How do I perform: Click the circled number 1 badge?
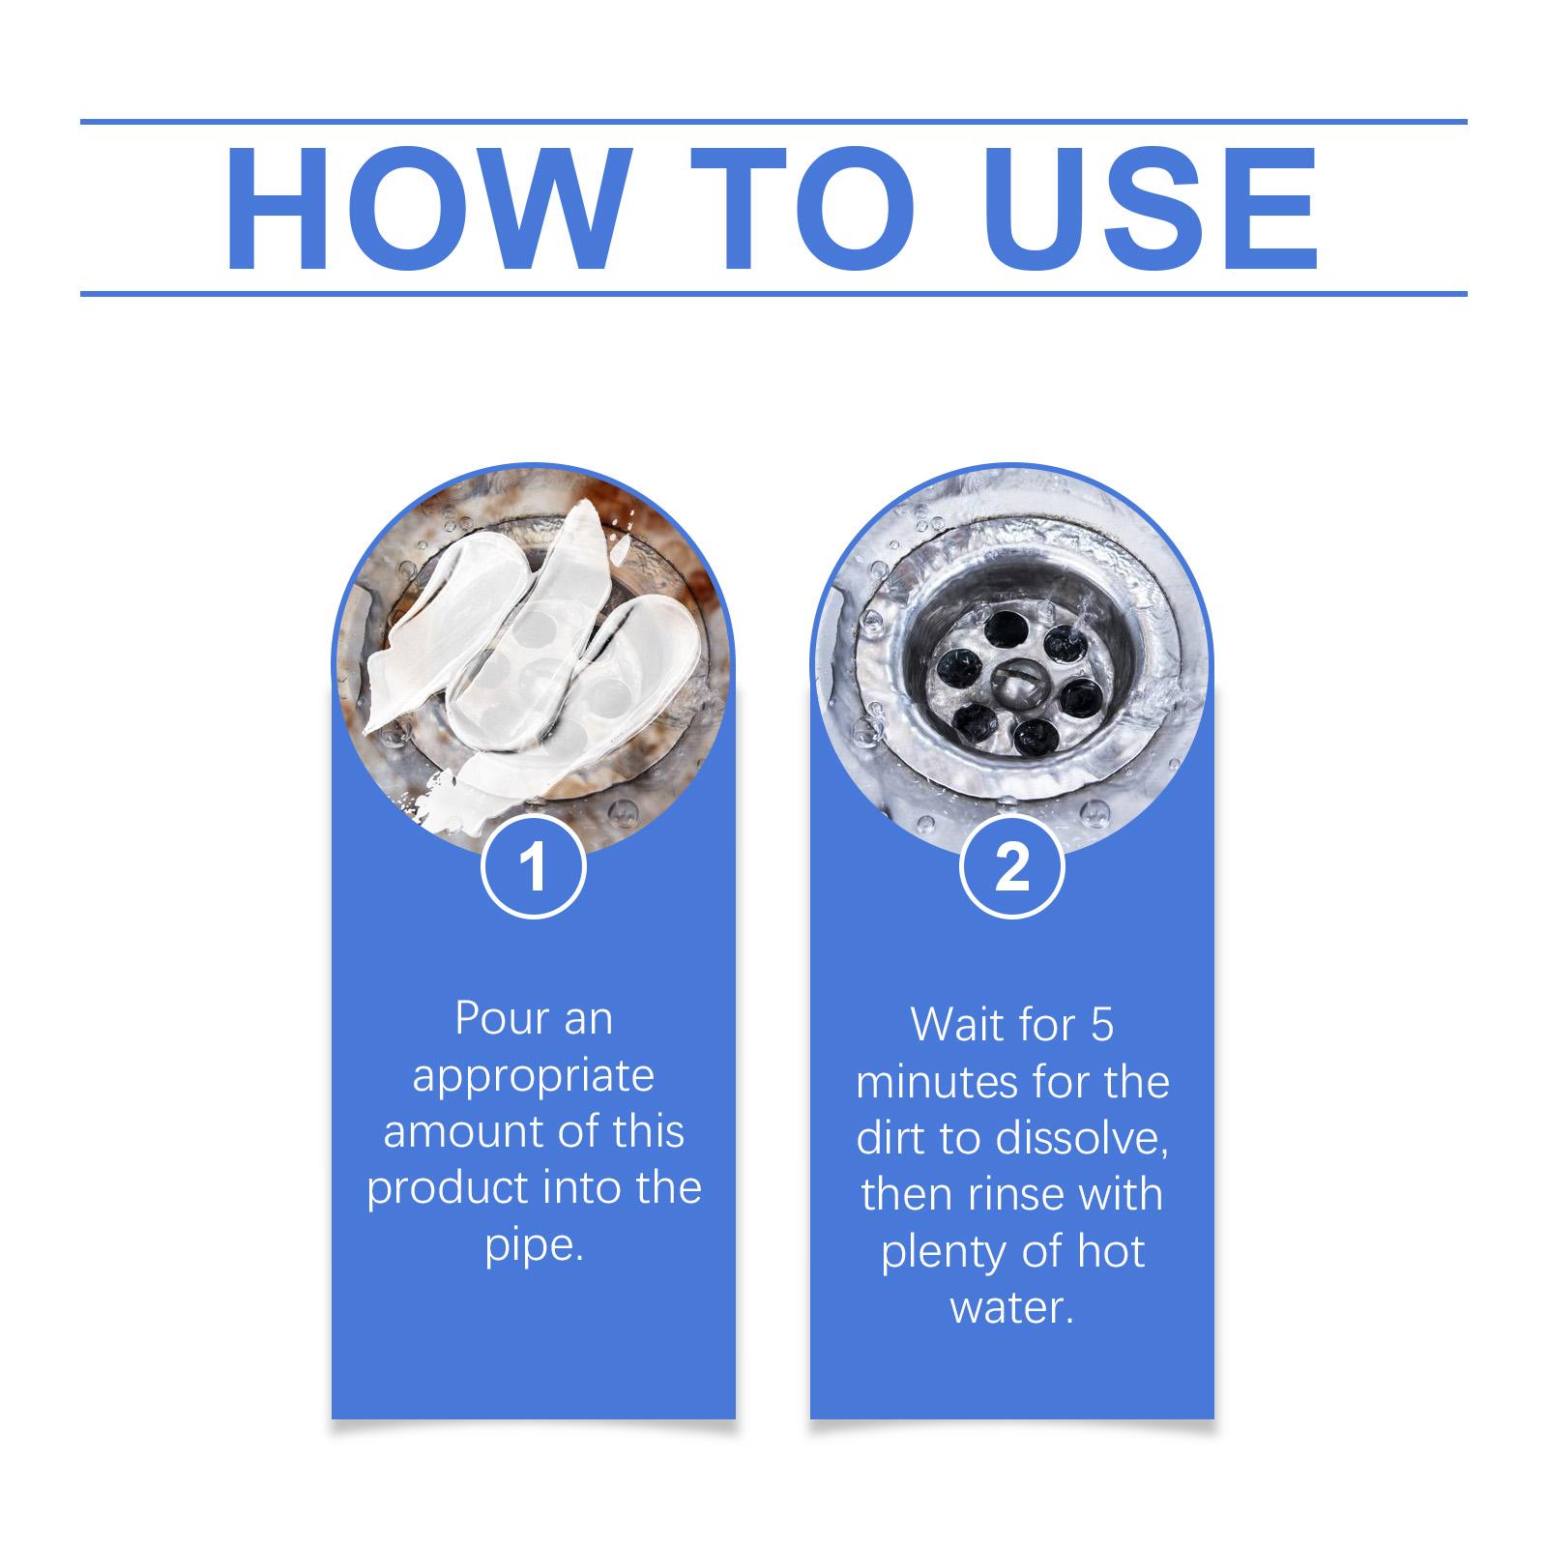(x=533, y=867)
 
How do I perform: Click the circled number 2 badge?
(x=1011, y=867)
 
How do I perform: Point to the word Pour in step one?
(x=491, y=1019)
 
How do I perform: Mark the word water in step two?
(x=1011, y=1309)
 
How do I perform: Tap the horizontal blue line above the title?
(x=773, y=122)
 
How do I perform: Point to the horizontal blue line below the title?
(x=773, y=293)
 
